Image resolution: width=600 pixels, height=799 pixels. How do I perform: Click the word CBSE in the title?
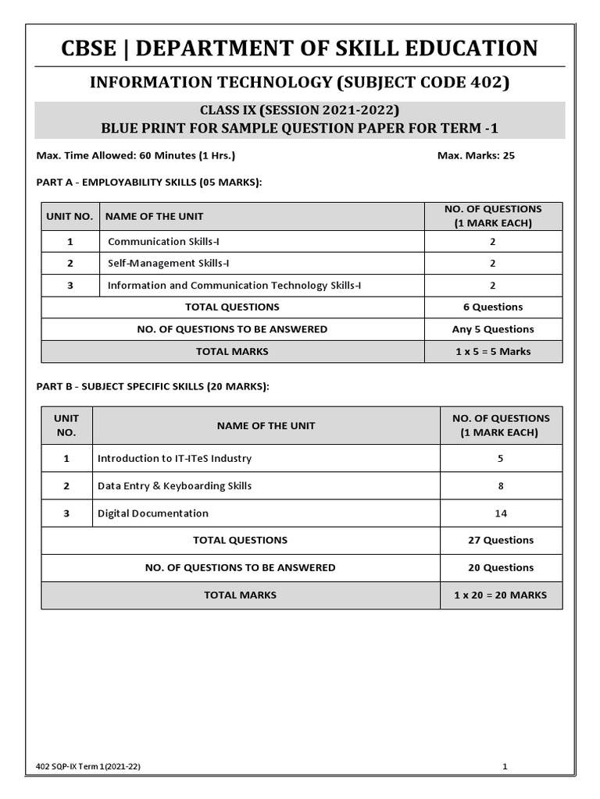[91, 48]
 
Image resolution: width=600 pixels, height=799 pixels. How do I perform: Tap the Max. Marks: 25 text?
[476, 155]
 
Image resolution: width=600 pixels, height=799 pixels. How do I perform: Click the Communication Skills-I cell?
[163, 242]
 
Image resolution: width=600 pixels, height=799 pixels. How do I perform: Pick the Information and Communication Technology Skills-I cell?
[234, 286]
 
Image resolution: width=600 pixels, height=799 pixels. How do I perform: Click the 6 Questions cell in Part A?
[492, 307]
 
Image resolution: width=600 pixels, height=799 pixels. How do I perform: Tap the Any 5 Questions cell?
[492, 329]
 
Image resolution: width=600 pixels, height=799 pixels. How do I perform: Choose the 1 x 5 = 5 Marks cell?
[492, 351]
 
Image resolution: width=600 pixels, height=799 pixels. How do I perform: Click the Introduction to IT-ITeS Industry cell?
[174, 459]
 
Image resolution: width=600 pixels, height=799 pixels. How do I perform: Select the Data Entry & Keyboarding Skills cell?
[174, 486]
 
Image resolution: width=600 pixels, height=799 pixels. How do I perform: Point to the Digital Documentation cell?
[153, 513]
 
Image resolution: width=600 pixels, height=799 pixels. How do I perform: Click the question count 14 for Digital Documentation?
[501, 513]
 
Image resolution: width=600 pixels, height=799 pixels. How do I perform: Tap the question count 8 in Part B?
[501, 486]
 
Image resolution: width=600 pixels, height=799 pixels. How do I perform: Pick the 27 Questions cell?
[501, 540]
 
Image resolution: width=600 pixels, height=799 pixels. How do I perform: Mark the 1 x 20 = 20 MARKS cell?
[501, 595]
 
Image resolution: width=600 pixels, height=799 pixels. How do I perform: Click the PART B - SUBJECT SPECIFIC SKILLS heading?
[153, 385]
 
